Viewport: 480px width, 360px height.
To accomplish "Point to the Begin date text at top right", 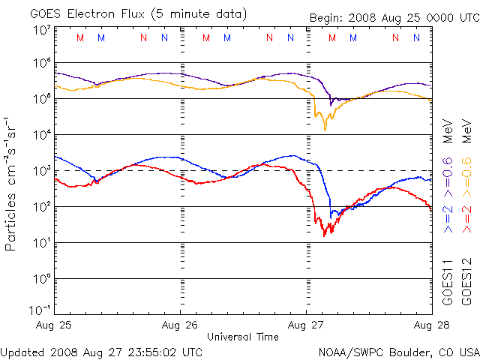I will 393,18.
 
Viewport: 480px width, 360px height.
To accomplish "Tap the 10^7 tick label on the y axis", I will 41,31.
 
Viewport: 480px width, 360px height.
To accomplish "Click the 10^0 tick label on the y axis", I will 41,279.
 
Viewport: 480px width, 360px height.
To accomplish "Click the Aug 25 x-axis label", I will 54,325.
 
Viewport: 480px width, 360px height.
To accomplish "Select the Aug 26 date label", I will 180,325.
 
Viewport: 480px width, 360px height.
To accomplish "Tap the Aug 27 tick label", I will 306,325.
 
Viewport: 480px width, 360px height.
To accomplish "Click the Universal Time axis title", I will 243,337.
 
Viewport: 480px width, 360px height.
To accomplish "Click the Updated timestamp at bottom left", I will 101,351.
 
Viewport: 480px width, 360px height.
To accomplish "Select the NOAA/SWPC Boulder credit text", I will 398,351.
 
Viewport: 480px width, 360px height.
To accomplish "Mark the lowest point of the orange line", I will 325,130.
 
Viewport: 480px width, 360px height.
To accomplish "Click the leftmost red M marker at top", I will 80,37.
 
